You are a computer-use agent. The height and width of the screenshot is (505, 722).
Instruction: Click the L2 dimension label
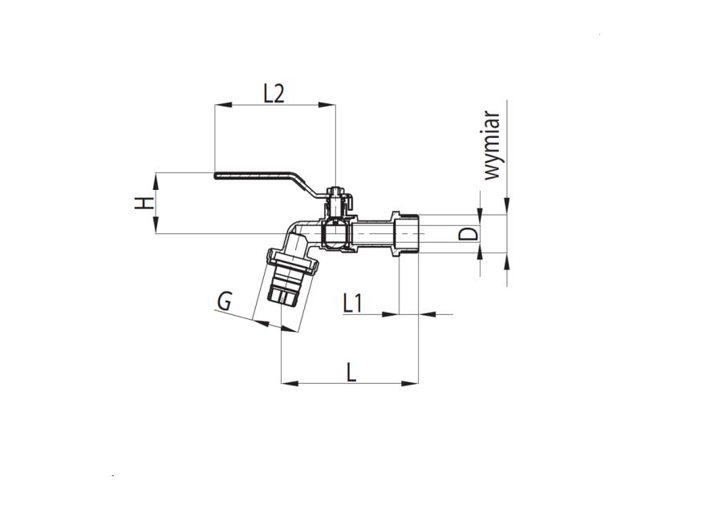(x=274, y=94)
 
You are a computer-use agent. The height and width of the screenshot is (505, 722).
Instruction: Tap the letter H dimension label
(x=144, y=204)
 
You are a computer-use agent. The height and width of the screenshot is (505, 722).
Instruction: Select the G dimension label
(x=224, y=301)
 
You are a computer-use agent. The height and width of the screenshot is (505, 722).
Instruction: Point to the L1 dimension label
(x=353, y=304)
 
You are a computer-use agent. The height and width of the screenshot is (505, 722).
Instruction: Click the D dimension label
(x=468, y=234)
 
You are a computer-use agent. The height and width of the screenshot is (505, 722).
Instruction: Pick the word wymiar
(x=492, y=146)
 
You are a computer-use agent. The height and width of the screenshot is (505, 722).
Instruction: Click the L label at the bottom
(x=351, y=372)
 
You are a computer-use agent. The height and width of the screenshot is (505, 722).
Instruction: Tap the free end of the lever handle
(x=216, y=176)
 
